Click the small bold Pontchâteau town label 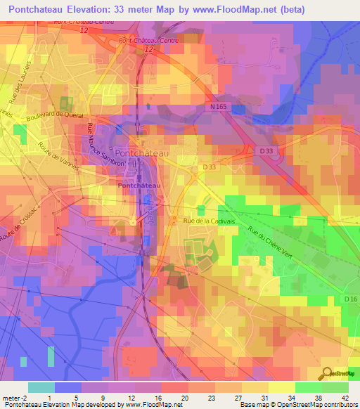139,185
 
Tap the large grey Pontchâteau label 143,152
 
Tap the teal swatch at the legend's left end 41,387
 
